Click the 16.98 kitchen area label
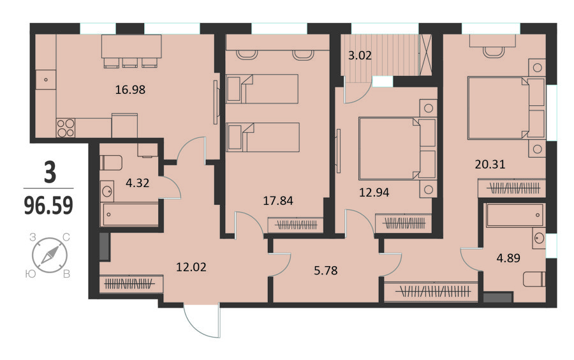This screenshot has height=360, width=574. [130, 89]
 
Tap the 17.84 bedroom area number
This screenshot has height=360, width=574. [278, 200]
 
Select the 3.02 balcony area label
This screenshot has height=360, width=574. [360, 56]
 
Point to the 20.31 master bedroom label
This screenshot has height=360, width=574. [490, 164]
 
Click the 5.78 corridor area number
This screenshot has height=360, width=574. [326, 271]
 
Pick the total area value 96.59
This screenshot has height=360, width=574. [48, 206]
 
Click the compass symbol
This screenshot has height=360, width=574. [49, 255]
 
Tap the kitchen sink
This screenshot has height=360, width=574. [46, 80]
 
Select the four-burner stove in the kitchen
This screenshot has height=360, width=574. [66, 128]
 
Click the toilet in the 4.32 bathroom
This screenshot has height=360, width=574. [111, 163]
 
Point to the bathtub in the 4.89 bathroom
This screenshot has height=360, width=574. [515, 215]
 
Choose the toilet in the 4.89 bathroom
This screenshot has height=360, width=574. [534, 279]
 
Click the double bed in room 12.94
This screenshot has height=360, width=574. [397, 148]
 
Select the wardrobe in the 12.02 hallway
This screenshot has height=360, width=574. [131, 284]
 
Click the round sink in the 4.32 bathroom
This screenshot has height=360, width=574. [107, 191]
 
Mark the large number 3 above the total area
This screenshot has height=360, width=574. [50, 172]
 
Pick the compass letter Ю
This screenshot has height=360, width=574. [31, 273]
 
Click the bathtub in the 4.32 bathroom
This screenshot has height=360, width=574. [130, 214]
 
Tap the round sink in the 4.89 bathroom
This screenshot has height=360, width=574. [539, 239]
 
